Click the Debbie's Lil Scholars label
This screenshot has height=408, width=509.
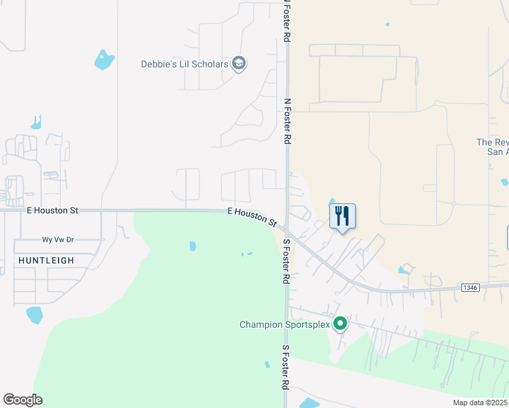(x=184, y=65)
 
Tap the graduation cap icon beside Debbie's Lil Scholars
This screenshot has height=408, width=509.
(x=239, y=64)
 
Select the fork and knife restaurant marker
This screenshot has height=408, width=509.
(x=342, y=217)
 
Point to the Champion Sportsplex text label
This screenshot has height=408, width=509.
(x=284, y=324)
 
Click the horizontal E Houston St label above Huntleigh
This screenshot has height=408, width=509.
(x=52, y=211)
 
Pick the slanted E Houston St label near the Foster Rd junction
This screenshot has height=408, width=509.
(x=252, y=218)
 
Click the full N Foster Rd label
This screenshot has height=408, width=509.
(x=287, y=121)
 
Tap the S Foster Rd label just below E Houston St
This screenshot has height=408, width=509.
(x=286, y=262)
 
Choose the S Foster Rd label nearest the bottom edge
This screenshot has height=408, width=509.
(x=286, y=367)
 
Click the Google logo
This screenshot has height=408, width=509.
(x=22, y=400)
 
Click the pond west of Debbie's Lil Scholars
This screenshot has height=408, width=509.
(x=104, y=60)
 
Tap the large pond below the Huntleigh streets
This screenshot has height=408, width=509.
(x=34, y=315)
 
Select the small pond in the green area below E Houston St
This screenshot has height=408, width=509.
(x=193, y=245)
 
